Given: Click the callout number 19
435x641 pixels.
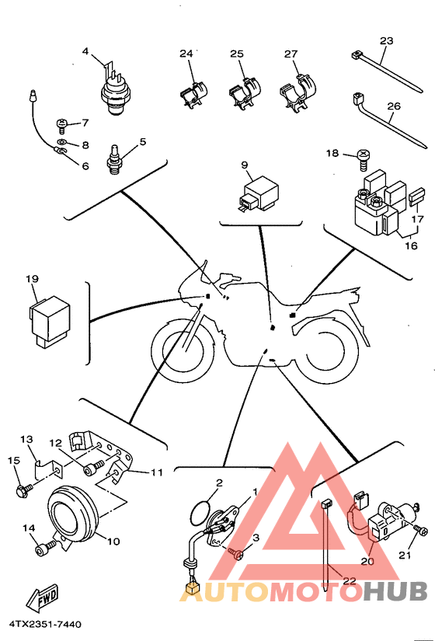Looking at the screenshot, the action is [x=33, y=279].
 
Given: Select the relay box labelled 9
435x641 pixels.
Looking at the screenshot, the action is [x=258, y=193].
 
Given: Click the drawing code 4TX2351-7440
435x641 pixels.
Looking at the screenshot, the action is [x=45, y=625].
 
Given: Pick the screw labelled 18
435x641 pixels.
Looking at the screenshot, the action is [x=363, y=161].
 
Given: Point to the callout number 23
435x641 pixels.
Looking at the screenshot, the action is [x=386, y=41].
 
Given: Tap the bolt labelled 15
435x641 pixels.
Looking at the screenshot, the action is [x=24, y=489].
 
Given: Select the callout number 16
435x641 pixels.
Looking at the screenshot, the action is [x=411, y=246].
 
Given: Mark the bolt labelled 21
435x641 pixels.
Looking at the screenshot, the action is [x=421, y=529].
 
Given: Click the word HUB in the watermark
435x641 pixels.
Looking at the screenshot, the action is [x=395, y=591].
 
